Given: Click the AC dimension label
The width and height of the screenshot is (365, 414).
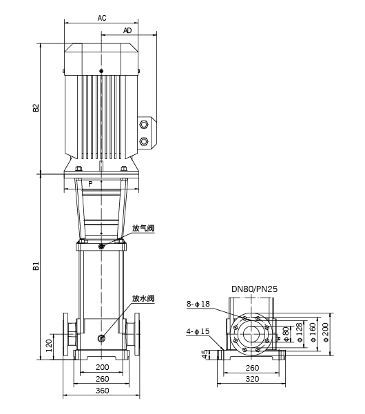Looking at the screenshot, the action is pos(102,18).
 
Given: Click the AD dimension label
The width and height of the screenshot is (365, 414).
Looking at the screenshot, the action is pos(127,30).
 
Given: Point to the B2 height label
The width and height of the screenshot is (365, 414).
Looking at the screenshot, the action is pos(36,107).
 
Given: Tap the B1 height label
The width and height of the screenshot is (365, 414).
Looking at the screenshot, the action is pos(36,266).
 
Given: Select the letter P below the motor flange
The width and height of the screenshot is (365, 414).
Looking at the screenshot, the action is pos(90,184).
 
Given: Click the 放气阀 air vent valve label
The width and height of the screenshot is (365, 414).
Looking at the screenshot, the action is pos(143,229).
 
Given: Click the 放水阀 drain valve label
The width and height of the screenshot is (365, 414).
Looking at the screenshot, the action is pos(143,299).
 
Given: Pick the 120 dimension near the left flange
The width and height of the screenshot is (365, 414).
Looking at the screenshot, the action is pos(49,346).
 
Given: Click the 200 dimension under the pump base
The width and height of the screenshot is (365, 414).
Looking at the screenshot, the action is pos(102,367).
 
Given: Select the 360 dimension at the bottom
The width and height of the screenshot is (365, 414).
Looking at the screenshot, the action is pos(102,391).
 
